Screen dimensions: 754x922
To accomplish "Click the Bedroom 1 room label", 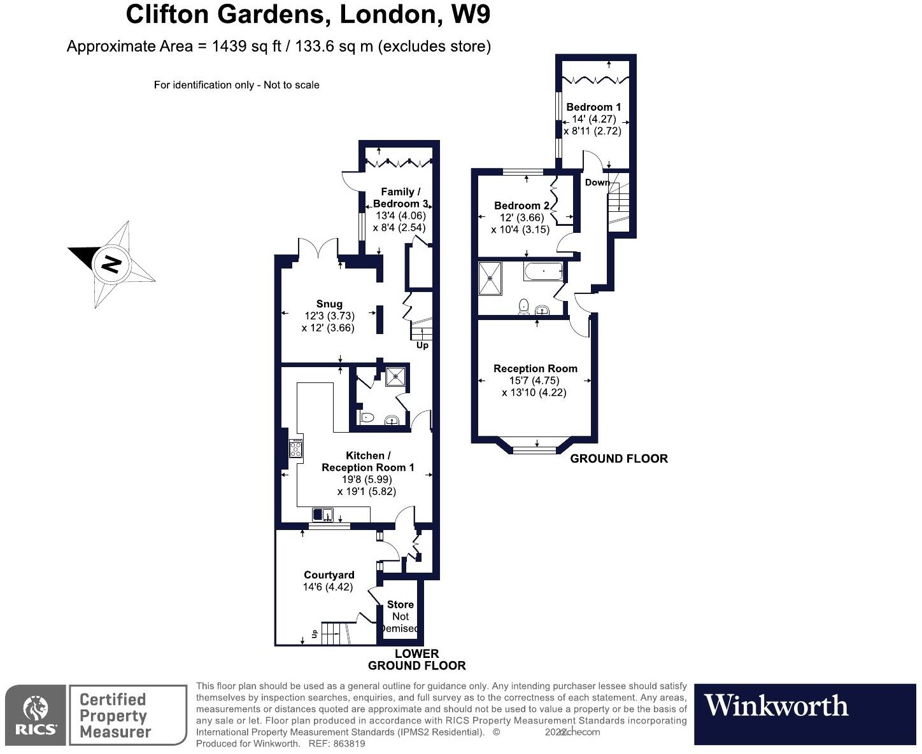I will tap(593, 107).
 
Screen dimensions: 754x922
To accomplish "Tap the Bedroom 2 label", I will tap(521, 206).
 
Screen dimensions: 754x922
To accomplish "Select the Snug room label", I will tap(329, 304).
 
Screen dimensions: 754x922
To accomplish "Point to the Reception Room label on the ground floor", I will tap(535, 368).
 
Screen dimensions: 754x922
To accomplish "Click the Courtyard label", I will tap(329, 575).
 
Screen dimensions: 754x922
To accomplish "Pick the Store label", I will tap(400, 604).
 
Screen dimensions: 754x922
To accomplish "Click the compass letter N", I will tap(111, 263).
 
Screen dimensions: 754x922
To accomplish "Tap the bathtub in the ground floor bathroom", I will tap(543, 272).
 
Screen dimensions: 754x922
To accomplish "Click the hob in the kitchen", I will tap(296, 449).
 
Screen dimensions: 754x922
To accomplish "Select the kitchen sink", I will tap(323, 514).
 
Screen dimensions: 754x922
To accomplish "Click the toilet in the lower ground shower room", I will tap(367, 418).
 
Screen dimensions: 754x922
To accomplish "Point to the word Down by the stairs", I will tap(597, 182).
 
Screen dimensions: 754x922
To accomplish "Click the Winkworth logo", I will tap(776, 706).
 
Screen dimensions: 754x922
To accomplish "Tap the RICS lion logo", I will tap(35, 708).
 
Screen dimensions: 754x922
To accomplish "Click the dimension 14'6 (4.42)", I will tap(328, 587).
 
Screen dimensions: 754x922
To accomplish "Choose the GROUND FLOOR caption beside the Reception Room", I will tap(618, 458).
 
